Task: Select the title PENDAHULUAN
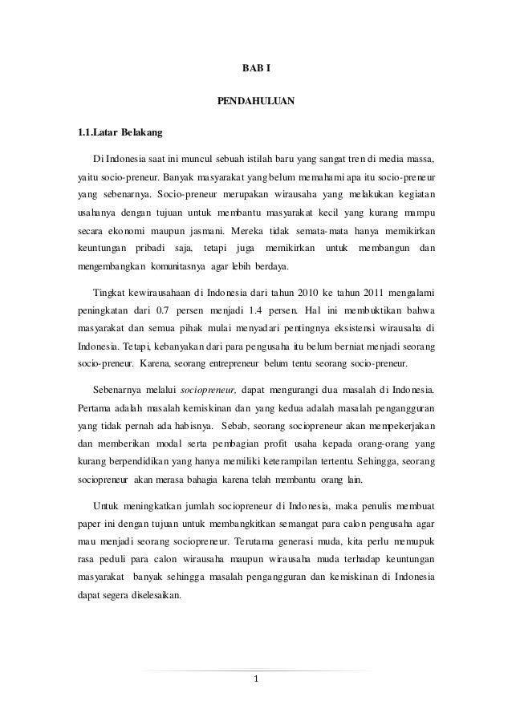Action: pos(256,102)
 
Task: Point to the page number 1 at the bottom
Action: pos(256,681)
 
